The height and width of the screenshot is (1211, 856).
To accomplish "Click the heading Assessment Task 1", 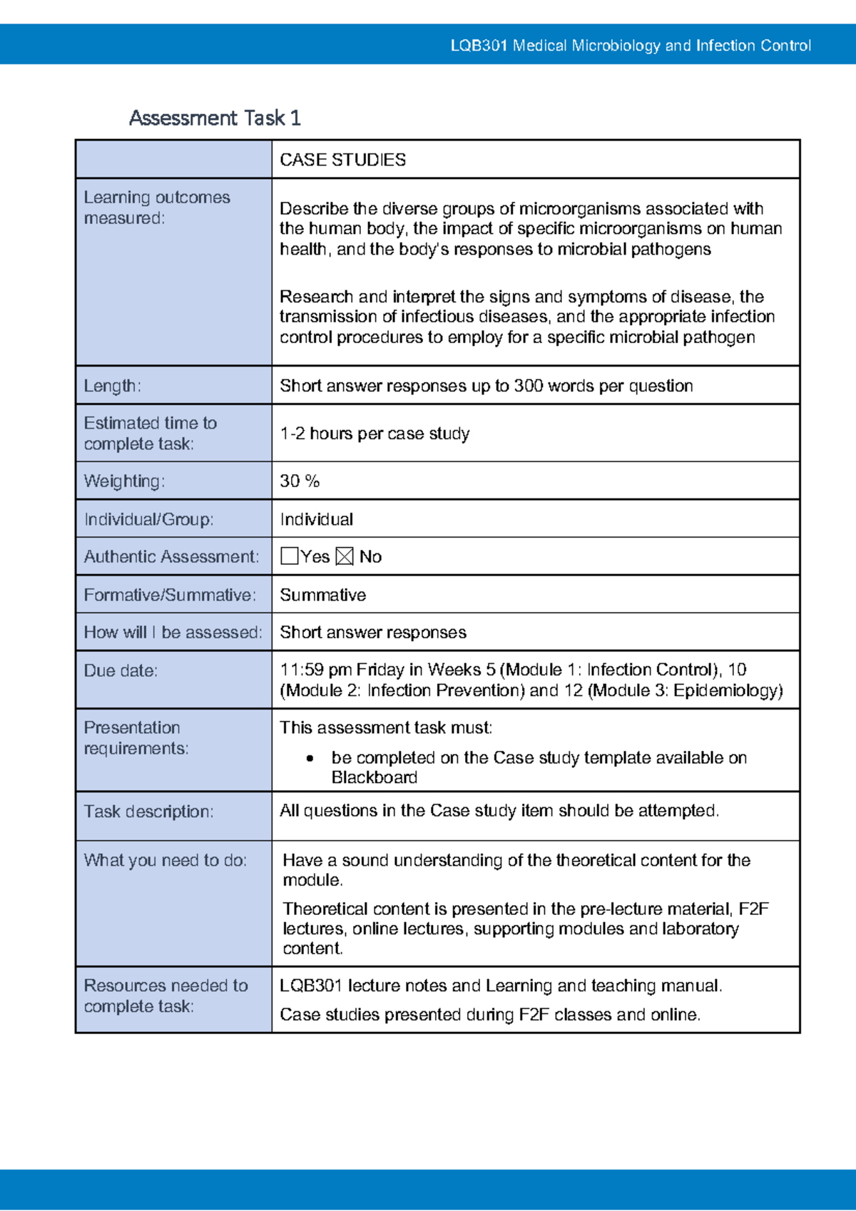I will [x=215, y=118].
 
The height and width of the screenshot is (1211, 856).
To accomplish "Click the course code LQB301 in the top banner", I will [x=479, y=46].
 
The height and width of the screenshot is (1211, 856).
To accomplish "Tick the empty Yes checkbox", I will [x=289, y=556].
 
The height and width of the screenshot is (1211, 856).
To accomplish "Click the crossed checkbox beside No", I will [x=344, y=556].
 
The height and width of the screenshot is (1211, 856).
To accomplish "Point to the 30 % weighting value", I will [x=300, y=481].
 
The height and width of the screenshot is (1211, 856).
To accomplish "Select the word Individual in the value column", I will [x=316, y=519].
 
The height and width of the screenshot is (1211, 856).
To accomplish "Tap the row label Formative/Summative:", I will [x=170, y=595].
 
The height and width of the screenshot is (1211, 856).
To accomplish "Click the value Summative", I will [x=322, y=595].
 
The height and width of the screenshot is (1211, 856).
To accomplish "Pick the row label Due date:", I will [x=121, y=670].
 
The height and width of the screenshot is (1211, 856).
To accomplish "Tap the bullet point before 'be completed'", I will [x=310, y=758].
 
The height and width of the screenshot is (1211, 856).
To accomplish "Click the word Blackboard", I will [x=374, y=777].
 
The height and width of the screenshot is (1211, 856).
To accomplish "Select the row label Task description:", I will [x=148, y=812].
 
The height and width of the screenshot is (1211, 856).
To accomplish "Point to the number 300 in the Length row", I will [x=529, y=386].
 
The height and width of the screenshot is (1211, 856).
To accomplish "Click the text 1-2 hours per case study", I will [x=374, y=434].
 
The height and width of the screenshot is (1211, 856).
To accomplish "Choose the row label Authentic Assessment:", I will [x=171, y=557].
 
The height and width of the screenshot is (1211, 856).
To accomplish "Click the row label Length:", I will [x=112, y=386].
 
